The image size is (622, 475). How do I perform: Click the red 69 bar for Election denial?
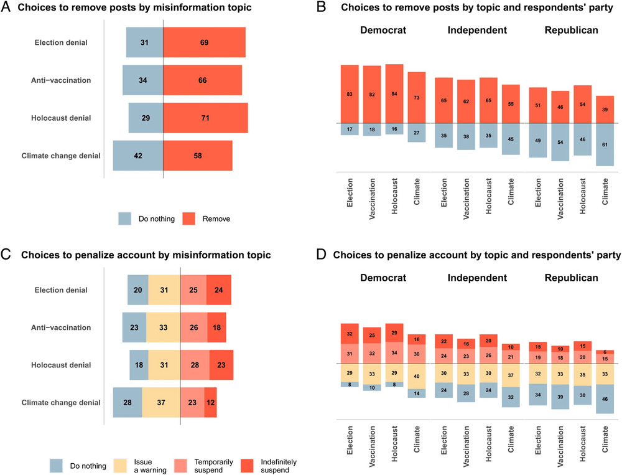(x=204, y=43)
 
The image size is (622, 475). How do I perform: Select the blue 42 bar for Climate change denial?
(x=138, y=156)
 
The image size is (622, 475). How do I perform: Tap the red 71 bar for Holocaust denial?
(x=205, y=118)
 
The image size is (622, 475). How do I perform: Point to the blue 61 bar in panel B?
(x=605, y=144)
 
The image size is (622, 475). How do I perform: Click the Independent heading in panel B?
(x=477, y=30)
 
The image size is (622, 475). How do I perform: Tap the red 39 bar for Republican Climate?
(x=605, y=110)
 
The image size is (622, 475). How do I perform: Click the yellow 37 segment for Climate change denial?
(x=161, y=403)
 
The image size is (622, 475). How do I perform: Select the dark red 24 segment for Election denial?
(x=219, y=290)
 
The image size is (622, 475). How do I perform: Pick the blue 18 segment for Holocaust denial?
(x=139, y=365)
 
